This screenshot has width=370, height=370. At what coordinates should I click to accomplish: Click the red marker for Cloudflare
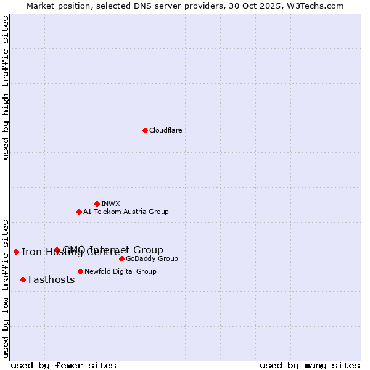tap(145, 130)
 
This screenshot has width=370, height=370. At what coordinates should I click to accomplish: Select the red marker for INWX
tap(97, 203)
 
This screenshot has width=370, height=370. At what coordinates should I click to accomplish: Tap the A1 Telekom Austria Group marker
tap(79, 212)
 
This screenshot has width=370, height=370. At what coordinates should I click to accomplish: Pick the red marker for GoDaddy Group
tap(121, 258)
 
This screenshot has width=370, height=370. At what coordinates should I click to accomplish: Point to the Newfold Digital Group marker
tap(80, 271)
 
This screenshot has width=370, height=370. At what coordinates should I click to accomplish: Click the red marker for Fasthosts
tap(23, 279)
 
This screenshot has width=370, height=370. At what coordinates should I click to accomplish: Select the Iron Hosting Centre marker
tap(16, 252)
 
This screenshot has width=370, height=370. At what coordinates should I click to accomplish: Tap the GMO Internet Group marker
tap(57, 250)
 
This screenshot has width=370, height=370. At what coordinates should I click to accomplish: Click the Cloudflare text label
tap(165, 130)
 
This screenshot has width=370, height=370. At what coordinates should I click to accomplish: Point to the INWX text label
tap(110, 203)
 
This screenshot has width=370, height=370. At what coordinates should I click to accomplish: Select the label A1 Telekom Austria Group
tap(126, 212)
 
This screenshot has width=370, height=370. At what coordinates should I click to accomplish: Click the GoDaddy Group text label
tap(152, 258)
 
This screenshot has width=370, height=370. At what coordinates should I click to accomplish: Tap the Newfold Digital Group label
tap(120, 271)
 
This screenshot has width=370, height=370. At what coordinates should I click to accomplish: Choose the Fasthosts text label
tap(51, 279)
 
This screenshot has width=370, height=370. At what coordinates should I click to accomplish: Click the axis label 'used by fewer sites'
tap(64, 365)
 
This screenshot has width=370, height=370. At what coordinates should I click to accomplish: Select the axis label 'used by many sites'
tap(310, 365)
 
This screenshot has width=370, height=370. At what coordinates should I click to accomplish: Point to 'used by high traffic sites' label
tap(6, 88)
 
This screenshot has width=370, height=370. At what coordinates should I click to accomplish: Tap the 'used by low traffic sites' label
tap(6, 289)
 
